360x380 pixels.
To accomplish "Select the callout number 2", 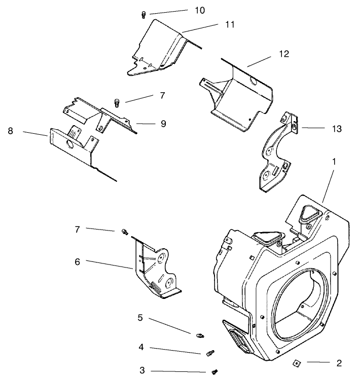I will click(339, 363).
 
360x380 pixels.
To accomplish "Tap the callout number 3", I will click(142, 370).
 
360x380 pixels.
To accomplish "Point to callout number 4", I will click(142, 348).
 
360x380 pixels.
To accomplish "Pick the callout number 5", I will click(140, 318).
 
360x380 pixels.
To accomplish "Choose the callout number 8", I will click(10, 131).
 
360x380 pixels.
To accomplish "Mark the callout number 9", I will click(163, 123).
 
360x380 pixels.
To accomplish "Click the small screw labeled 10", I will click(143, 15).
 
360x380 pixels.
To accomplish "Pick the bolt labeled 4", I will click(210, 353).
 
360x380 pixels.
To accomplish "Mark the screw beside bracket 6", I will click(124, 232).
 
